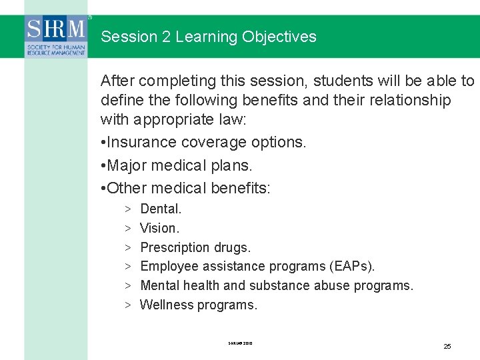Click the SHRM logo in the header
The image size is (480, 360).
click(x=57, y=36)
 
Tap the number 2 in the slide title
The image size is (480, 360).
click(x=166, y=37)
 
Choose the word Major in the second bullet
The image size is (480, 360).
click(x=127, y=165)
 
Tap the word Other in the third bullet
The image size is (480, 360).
click(x=127, y=188)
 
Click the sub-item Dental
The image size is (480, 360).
click(x=161, y=209)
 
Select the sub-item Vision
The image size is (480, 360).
click(x=159, y=228)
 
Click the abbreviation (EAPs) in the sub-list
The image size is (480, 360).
click(x=352, y=267)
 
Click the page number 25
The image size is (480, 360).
click(x=447, y=346)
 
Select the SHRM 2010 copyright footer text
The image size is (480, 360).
click(x=240, y=343)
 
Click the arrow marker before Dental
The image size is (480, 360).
click(x=127, y=209)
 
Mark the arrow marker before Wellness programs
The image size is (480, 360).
click(x=127, y=305)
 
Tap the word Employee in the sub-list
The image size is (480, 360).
click(x=169, y=267)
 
